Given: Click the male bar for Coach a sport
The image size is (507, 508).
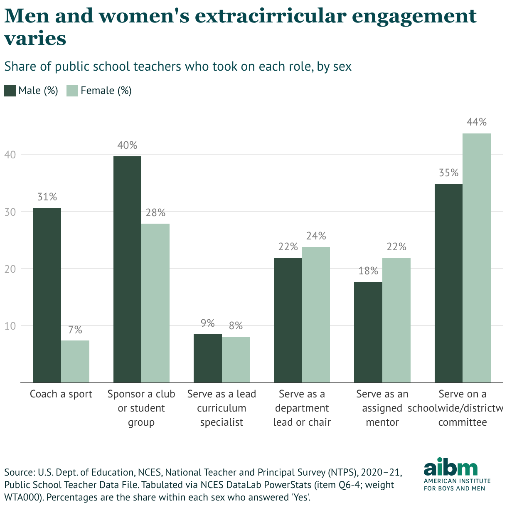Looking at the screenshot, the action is point(47,295).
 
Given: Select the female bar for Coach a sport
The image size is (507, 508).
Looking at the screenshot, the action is point(75,361).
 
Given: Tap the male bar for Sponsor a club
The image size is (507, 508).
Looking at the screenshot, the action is point(127,269).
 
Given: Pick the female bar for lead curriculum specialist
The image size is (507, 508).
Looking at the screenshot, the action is point(236,360).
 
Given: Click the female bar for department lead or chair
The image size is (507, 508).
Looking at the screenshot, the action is point(316,315).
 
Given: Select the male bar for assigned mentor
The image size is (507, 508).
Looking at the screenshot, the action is point(368,332).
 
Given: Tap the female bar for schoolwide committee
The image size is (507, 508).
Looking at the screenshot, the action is point(477,258).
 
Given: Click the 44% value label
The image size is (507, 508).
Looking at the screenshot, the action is point(477,122).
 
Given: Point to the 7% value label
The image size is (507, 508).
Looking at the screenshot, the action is point(75,330).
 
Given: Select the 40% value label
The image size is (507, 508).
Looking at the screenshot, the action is point(127,145).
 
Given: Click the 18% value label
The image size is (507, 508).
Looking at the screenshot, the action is point(368,271).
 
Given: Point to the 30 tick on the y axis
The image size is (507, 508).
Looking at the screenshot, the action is point(10,212).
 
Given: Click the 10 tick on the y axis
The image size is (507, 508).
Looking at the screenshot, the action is point(10,326).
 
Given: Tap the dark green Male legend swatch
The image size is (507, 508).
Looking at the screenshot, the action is point(10,91).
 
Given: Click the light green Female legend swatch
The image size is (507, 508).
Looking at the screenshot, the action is point(72,91).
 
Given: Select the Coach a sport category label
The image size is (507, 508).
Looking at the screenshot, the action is point(61,394).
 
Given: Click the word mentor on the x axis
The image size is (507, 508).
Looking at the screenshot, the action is point(382,422).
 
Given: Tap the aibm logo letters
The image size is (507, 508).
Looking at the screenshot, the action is point(450,467).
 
